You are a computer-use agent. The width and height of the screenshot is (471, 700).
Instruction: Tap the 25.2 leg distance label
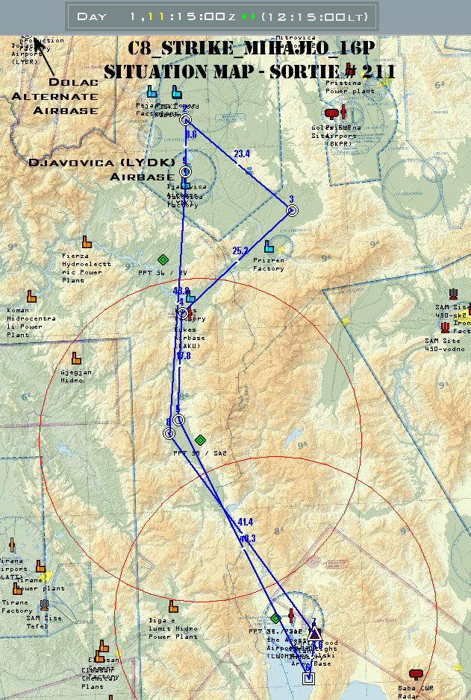tap(240, 251)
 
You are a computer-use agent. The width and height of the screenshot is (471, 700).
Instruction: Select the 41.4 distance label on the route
tap(246, 522)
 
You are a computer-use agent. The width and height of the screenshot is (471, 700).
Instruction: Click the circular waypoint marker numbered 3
tap(292, 211)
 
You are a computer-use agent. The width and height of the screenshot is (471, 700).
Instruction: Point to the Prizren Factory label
tap(268, 265)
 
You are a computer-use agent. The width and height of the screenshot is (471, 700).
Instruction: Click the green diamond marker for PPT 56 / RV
tap(163, 259)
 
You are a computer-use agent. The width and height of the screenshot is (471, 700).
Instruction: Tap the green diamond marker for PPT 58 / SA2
tap(199, 440)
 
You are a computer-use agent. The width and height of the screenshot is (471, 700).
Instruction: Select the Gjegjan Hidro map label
tap(77, 376)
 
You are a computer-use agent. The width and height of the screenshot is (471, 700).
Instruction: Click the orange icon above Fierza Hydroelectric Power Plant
tap(87, 242)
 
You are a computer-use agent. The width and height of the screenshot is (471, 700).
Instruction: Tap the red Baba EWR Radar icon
tap(416, 674)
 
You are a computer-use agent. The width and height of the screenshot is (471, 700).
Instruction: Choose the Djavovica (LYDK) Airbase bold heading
tap(102, 169)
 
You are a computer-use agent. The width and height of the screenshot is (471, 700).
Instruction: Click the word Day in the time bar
tap(92, 16)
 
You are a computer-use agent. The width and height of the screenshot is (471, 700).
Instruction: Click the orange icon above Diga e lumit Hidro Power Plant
tap(173, 607)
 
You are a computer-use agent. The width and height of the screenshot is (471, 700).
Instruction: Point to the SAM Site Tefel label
tap(44, 622)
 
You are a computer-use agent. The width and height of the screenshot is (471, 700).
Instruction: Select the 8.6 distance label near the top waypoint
tap(191, 135)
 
